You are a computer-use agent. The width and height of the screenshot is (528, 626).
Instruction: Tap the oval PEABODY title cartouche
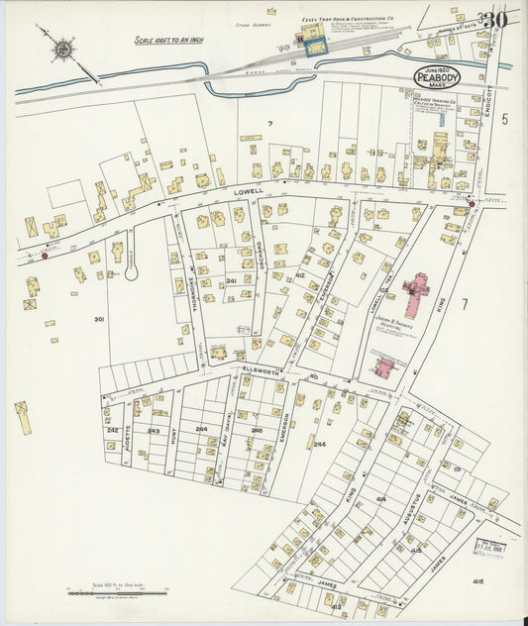click(437, 76)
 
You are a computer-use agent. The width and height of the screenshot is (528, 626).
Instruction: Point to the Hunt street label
click(173, 433)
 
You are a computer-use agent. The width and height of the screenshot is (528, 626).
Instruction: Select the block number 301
click(99, 319)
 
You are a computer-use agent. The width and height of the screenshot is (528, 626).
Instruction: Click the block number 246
click(319, 445)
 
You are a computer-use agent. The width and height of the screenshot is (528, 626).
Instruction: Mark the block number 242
click(112, 431)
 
